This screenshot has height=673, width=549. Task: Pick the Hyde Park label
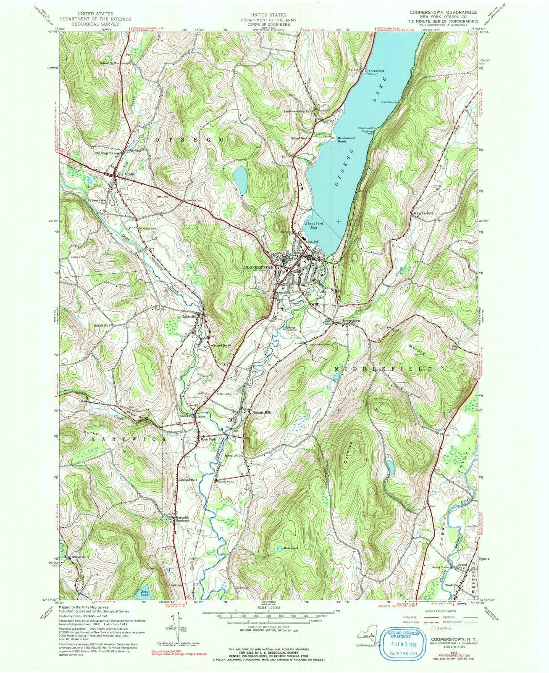[x=208, y=439]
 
